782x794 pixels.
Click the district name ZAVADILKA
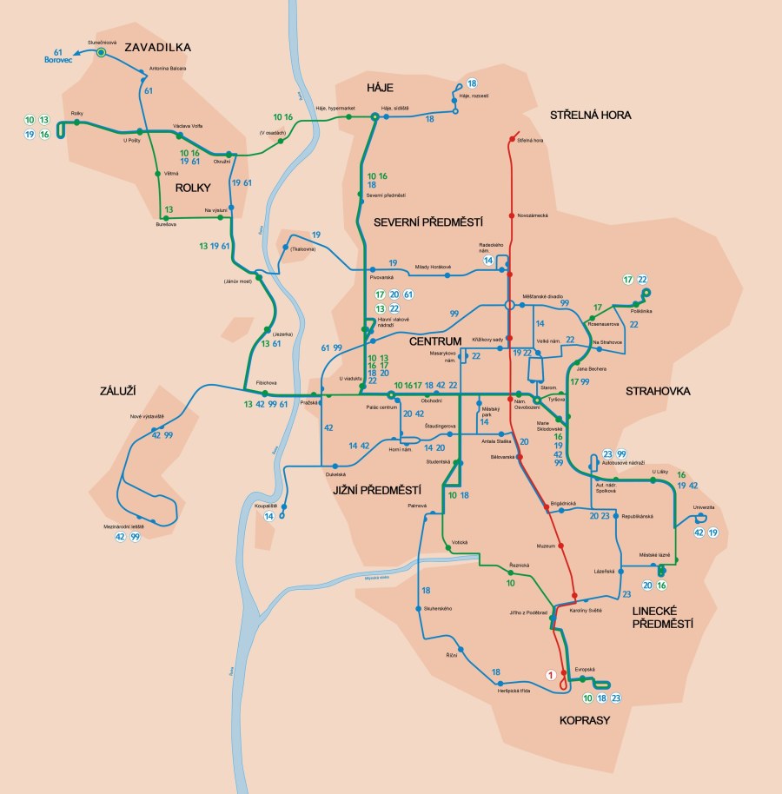click(x=157, y=47)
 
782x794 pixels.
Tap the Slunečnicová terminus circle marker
click(x=101, y=53)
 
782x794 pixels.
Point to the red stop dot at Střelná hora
click(x=511, y=139)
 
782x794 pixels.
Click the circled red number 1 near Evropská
click(x=549, y=674)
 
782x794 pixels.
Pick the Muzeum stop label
click(x=547, y=546)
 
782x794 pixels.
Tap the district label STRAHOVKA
click(x=658, y=391)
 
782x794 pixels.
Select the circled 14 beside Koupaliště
click(x=269, y=517)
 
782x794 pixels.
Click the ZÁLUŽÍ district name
click(x=119, y=392)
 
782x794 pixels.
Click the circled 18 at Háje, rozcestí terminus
click(x=472, y=83)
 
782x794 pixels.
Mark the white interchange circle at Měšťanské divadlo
click(x=509, y=305)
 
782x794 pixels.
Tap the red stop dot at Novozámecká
click(x=511, y=215)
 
